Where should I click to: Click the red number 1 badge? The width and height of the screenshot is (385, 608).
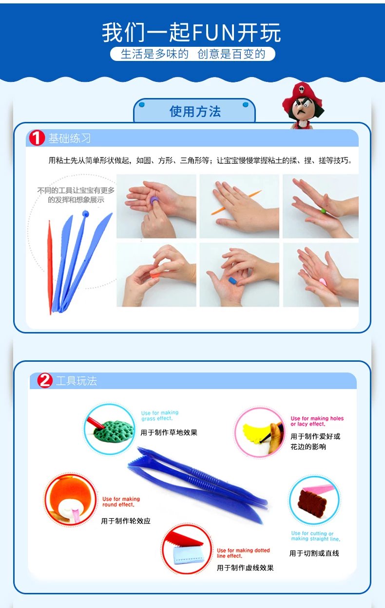37,137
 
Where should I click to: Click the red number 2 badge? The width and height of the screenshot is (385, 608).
45,380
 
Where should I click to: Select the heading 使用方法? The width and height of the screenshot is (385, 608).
195,112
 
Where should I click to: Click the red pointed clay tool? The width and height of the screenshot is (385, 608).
50,267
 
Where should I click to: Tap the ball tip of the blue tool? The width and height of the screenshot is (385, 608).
85,214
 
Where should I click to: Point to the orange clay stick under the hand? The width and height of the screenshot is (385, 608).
236,202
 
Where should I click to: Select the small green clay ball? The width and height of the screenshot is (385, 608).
323,211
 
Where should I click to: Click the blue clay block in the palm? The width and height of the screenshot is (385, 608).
233,280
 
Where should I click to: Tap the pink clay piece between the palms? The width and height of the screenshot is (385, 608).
323,282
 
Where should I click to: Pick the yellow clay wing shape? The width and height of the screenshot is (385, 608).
256,433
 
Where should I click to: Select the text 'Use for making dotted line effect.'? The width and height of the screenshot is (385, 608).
243,553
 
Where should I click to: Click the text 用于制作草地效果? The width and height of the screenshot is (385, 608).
169,432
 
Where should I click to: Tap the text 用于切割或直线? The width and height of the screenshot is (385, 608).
314,553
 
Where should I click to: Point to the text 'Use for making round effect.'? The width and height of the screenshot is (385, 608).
121,502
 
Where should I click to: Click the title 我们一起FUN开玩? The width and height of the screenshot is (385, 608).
191,33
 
